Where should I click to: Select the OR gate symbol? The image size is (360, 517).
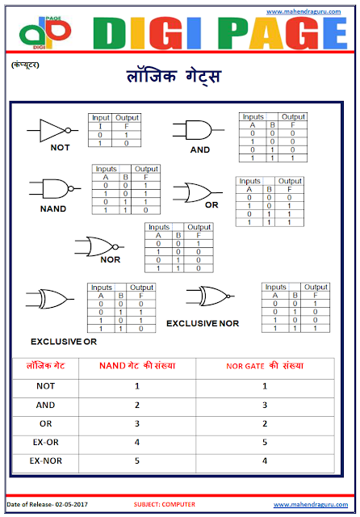point(197,193)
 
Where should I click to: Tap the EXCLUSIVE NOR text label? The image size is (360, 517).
point(202,322)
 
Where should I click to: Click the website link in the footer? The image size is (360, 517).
point(310,505)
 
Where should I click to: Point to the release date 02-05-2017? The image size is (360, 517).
point(49,505)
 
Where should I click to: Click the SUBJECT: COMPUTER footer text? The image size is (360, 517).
point(165,505)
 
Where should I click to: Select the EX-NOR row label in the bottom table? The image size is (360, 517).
point(46,460)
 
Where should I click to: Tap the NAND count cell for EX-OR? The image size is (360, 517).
point(137,442)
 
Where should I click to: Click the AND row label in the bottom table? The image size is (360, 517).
point(46,405)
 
